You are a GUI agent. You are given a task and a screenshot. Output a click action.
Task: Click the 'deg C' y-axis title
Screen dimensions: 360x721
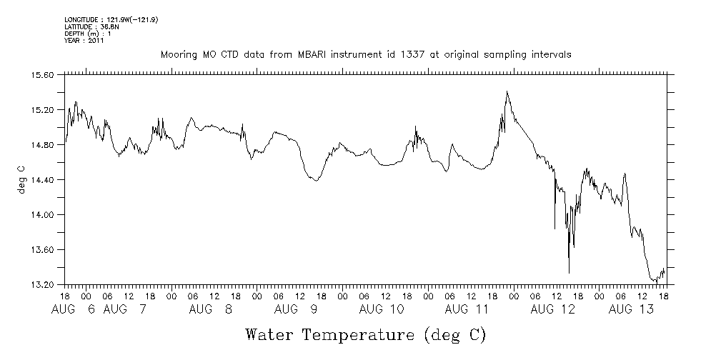coord(21,179)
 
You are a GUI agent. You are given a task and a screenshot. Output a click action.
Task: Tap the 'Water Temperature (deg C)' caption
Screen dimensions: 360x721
coord(365,334)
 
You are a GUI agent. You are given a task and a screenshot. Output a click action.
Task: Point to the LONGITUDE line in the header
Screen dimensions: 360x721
coord(111,19)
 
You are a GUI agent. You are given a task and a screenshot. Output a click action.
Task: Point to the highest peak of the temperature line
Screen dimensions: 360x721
coord(507,91)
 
